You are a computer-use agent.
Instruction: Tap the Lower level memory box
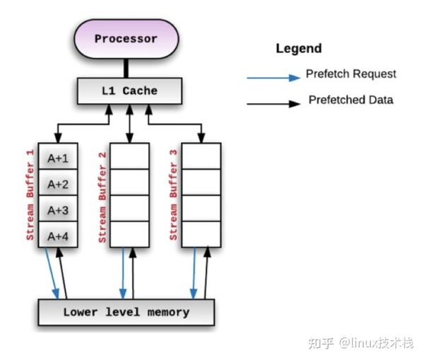(x=126, y=312)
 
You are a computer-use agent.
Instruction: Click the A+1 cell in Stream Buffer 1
(x=57, y=158)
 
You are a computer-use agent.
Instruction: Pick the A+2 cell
(x=57, y=184)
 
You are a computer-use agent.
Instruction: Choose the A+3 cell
(x=57, y=209)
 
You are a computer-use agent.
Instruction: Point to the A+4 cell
(x=57, y=235)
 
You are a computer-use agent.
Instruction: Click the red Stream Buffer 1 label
(x=30, y=195)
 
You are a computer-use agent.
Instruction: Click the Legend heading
(x=298, y=49)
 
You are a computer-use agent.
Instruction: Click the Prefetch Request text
(x=351, y=74)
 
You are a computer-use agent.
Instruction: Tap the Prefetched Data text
(x=351, y=100)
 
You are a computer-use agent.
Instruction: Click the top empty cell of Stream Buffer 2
(x=129, y=156)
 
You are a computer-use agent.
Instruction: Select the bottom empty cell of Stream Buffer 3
(x=201, y=234)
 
